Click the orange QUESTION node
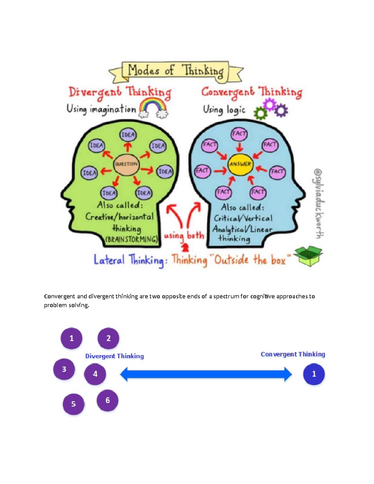[126, 164]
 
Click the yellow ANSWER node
[240, 164]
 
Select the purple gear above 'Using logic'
[270, 104]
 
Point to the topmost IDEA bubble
[128, 135]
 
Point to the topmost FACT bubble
[239, 134]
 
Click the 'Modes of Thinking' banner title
[175, 70]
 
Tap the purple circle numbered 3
[64, 369]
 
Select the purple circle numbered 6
[108, 400]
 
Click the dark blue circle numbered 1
[314, 374]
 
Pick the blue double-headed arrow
[206, 374]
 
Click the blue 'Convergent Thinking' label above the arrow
[293, 354]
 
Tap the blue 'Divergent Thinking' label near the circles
[114, 356]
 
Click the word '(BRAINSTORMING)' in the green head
[132, 240]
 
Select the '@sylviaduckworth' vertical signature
[318, 204]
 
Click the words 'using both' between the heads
[184, 235]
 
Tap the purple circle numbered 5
[74, 404]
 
